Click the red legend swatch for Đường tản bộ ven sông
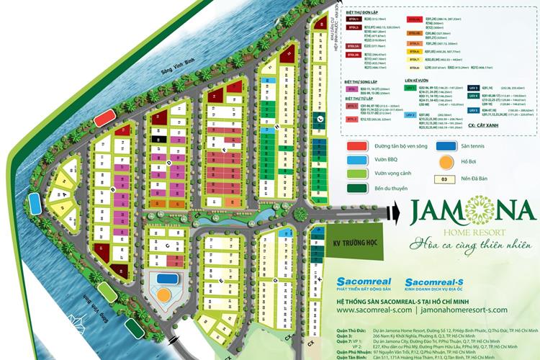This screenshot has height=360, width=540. [355, 146]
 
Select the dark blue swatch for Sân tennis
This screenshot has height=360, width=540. [447, 145]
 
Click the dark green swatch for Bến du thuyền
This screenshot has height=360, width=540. [356, 189]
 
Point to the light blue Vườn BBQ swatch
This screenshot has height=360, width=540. [356, 160]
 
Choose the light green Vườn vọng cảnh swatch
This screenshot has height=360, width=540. [356, 174]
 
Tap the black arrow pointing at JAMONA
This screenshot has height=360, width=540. [392, 211]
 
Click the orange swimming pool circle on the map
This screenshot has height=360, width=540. [165, 294]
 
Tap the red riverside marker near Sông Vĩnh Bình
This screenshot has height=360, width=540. [104, 117]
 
